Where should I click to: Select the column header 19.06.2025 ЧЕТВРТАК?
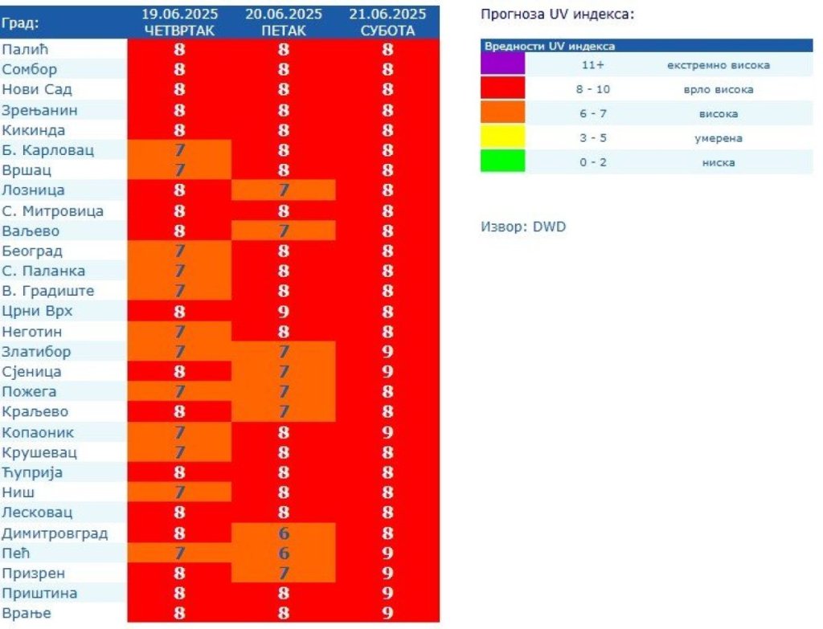pyautogui.click(x=179, y=22)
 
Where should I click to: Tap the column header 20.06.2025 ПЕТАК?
pyautogui.click(x=284, y=22)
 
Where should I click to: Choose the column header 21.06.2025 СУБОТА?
pyautogui.click(x=387, y=22)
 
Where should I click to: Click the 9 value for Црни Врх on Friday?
pyautogui.click(x=284, y=312)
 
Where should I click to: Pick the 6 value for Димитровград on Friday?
pyautogui.click(x=284, y=533)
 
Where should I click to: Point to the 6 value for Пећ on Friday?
pyautogui.click(x=284, y=553)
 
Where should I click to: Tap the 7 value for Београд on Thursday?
pyautogui.click(x=179, y=251)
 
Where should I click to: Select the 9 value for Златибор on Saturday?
pyautogui.click(x=387, y=352)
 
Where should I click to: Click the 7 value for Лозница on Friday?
pyautogui.click(x=284, y=190)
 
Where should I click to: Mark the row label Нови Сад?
pyautogui.click(x=37, y=90)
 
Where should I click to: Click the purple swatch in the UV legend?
pyautogui.click(x=502, y=64)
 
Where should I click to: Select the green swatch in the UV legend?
pyautogui.click(x=502, y=161)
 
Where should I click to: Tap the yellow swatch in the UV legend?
pyautogui.click(x=502, y=137)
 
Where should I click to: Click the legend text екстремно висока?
pyautogui.click(x=719, y=65)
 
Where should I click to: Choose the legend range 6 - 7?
pyautogui.click(x=592, y=114)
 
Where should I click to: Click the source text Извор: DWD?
pyautogui.click(x=523, y=227)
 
